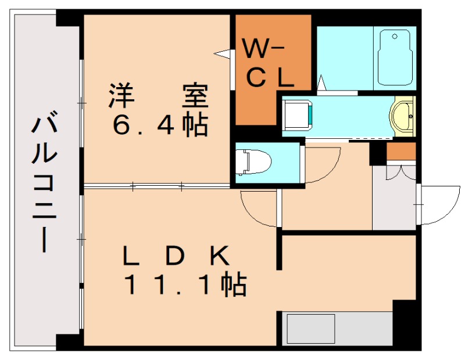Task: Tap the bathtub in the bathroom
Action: click(395, 58)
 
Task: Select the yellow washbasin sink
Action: click(403, 115)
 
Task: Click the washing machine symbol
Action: click(298, 114)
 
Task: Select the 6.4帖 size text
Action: click(160, 125)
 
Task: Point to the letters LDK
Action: click(174, 255)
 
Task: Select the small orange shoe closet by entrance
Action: click(401, 152)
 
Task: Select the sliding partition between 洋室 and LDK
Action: click(157, 186)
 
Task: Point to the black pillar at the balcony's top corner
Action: click(69, 17)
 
